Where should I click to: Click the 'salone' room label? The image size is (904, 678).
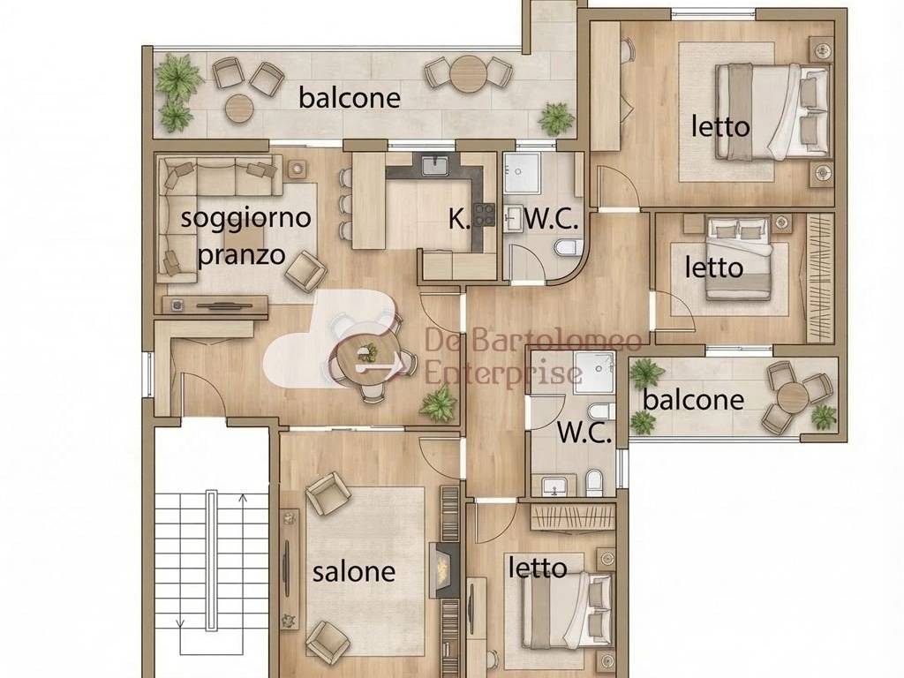point(354,571)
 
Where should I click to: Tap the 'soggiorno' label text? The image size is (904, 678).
point(245,217)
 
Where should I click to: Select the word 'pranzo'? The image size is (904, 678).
point(241,255)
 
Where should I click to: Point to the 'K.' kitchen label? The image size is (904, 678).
point(459,218)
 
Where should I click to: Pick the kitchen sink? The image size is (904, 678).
point(435,165)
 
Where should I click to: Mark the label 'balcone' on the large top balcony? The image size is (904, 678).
point(349,97)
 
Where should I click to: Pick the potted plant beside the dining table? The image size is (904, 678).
point(438,403)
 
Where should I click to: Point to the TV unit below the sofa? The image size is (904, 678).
point(215,305)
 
